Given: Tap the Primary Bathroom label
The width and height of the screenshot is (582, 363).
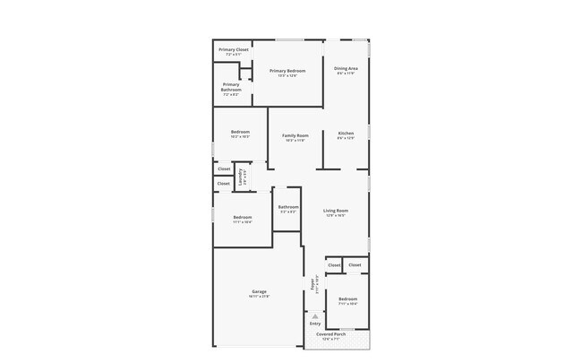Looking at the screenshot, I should click(x=231, y=87).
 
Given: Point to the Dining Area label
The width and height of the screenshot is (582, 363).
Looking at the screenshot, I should click(x=346, y=68).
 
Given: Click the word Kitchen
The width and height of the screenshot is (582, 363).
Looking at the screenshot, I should click(x=346, y=134).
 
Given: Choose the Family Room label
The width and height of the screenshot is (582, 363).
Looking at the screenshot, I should click(x=295, y=135).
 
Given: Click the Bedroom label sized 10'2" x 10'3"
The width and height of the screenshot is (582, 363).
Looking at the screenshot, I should click(x=240, y=132).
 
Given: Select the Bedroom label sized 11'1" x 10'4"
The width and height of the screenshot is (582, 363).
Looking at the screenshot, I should click(x=243, y=217).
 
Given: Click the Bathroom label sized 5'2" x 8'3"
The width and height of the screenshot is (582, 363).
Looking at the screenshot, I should click(x=288, y=207).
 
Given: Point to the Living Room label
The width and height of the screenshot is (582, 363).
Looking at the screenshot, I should click(x=336, y=211).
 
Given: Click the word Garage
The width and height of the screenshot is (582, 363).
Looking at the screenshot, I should click(x=260, y=291).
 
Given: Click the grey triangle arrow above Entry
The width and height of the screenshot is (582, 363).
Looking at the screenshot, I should click(x=314, y=315).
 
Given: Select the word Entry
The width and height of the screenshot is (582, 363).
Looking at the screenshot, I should click(x=314, y=324).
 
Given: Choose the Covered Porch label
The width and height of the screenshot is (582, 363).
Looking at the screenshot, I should click(x=330, y=334).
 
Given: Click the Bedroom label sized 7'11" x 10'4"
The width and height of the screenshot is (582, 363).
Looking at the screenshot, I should click(x=347, y=298).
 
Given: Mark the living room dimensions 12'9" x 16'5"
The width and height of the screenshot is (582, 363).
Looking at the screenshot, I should click(x=336, y=216).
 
